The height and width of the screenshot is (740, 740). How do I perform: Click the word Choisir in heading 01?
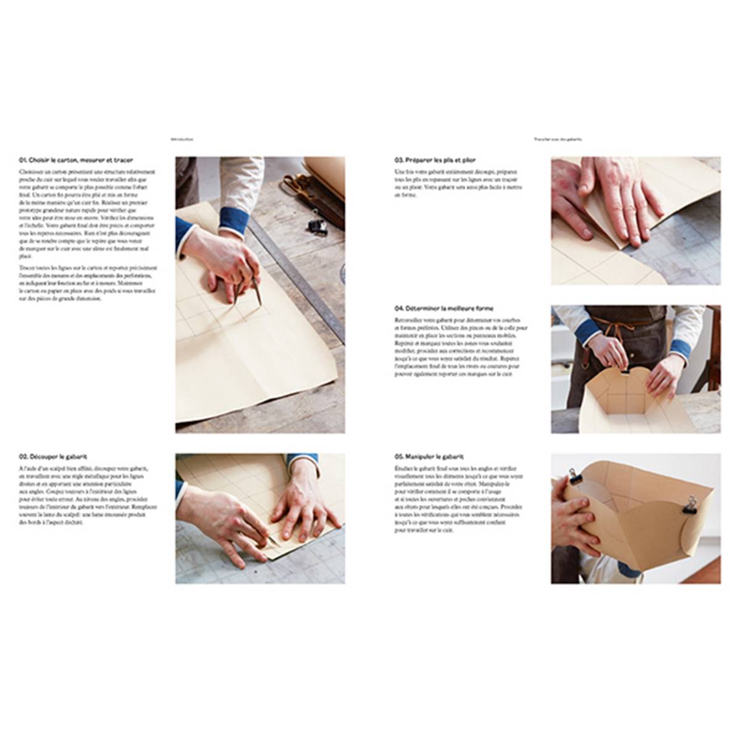point(38,160)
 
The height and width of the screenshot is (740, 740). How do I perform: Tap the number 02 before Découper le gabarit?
point(23,456)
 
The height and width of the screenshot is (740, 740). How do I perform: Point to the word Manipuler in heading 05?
point(419,456)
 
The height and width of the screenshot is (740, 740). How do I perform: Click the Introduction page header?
point(183,140)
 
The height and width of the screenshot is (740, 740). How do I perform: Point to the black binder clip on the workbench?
point(319,225)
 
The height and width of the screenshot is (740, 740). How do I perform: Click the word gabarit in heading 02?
point(74,456)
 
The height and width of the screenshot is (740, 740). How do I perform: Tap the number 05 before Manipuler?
point(399,456)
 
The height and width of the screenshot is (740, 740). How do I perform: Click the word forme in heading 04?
point(482,308)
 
